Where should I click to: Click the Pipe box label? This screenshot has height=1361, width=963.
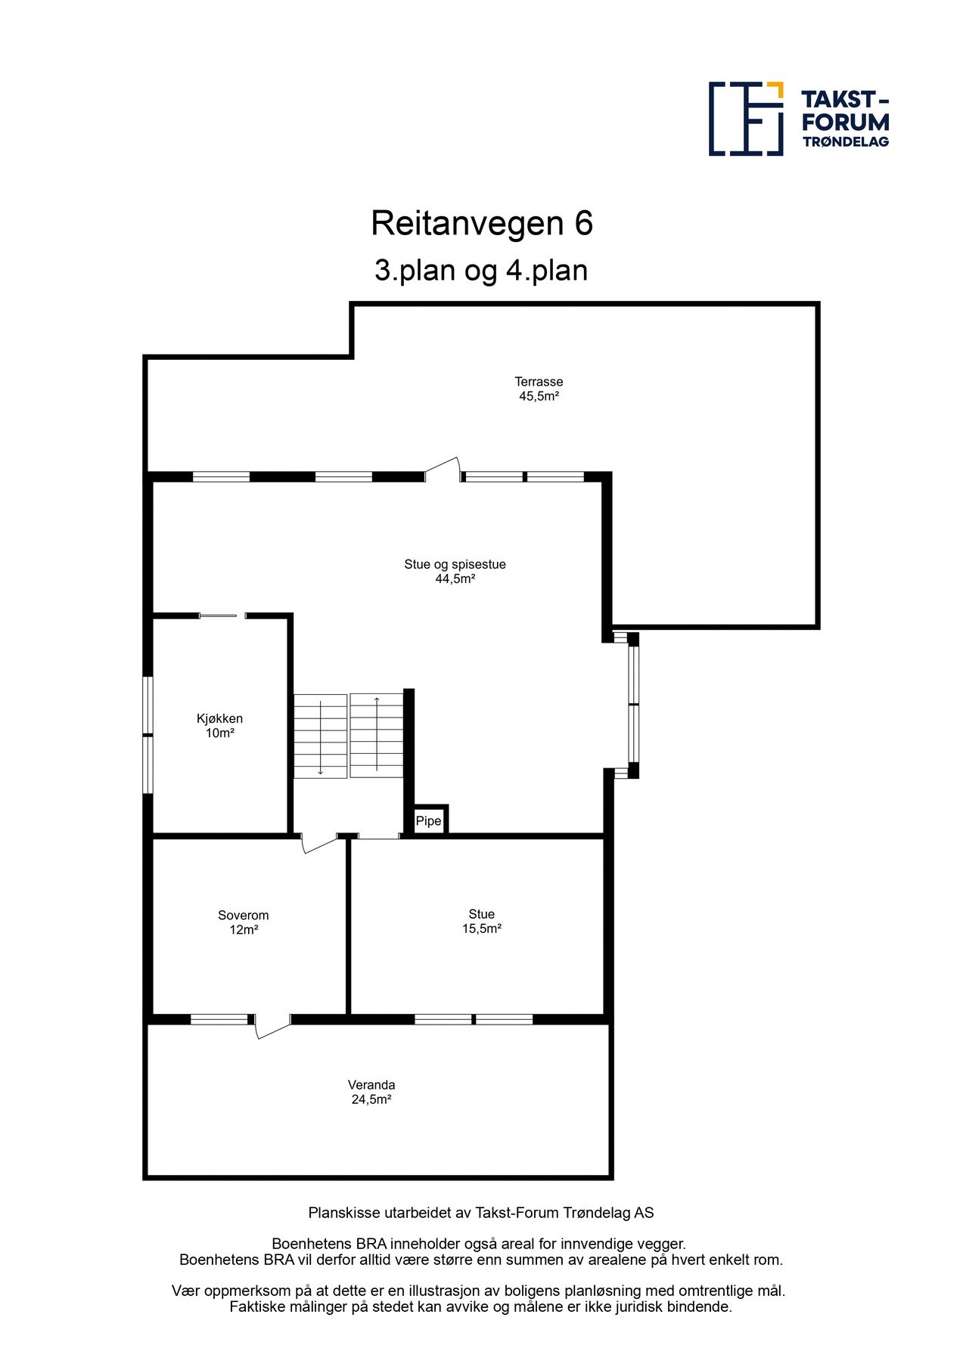pos(428,821)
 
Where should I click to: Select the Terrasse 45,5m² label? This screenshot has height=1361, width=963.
pos(539,389)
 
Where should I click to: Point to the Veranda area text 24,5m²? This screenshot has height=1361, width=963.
pos(371,1099)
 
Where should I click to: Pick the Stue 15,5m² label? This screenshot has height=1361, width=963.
pos(482,921)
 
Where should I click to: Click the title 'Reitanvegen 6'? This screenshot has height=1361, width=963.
pos(482,224)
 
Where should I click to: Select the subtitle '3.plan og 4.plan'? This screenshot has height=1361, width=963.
pos(481,271)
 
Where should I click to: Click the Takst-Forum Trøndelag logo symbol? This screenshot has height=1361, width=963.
pos(745,119)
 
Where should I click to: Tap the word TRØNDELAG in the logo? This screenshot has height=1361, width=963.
pos(845,141)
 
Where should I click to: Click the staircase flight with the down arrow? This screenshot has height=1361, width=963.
pos(321,736)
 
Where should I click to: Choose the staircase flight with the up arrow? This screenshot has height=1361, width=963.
pos(376,736)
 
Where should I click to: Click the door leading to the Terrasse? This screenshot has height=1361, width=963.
pos(443,470)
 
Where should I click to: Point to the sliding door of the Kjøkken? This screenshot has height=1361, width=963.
pos(222,616)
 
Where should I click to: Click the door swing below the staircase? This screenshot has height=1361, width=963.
pos(318,842)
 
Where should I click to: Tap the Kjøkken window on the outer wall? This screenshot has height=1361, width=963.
pos(149,735)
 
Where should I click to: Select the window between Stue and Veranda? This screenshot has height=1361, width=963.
pos(474,1019)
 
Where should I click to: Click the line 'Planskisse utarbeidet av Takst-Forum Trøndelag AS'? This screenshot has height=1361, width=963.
pos(481,1213)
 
